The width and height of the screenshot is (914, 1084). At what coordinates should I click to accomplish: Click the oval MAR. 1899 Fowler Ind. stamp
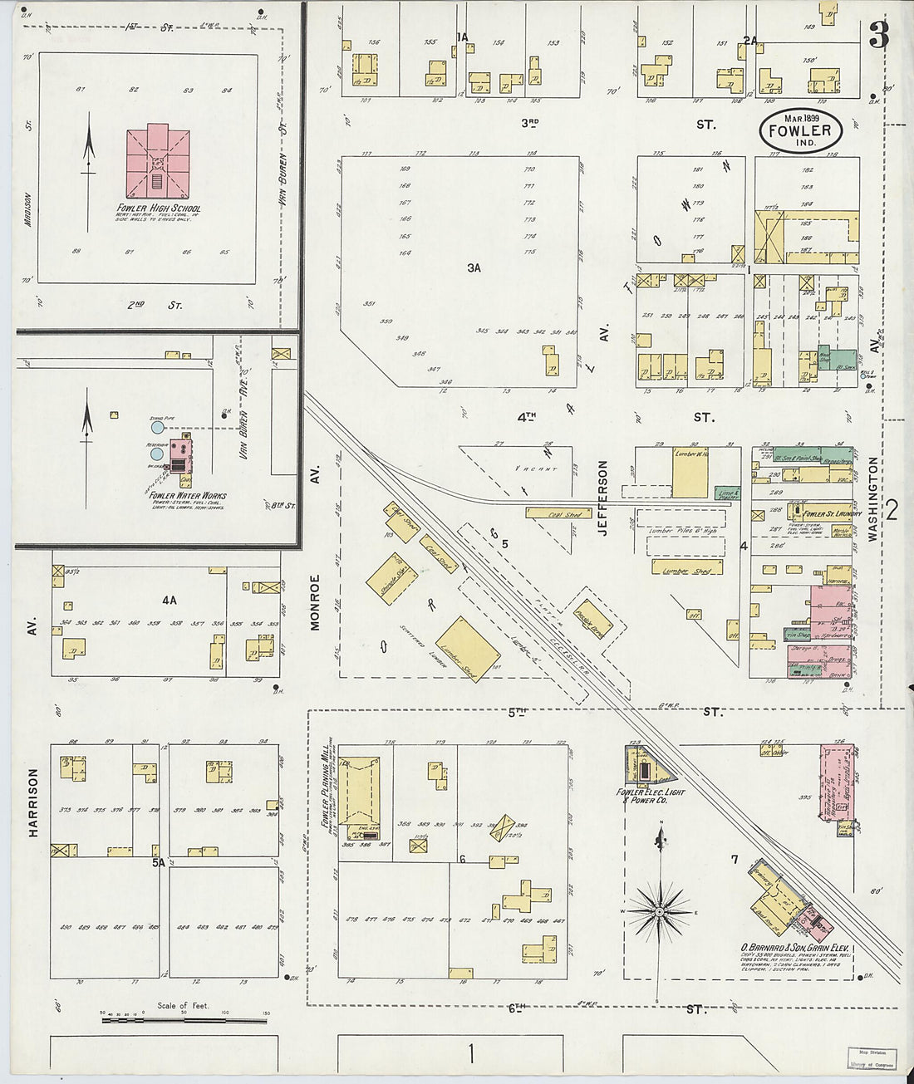tap(800, 130)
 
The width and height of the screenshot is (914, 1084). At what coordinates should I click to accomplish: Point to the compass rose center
tap(659, 911)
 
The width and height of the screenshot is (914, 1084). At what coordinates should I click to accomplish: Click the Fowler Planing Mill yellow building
tap(358, 793)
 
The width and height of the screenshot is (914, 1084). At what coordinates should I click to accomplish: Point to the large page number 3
tap(878, 35)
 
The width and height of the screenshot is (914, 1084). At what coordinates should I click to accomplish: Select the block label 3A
tap(474, 267)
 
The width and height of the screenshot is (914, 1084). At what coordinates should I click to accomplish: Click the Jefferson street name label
tap(603, 498)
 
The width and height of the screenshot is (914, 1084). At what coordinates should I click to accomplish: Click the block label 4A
tap(170, 599)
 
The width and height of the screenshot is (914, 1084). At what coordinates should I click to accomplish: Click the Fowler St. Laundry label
tap(832, 513)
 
